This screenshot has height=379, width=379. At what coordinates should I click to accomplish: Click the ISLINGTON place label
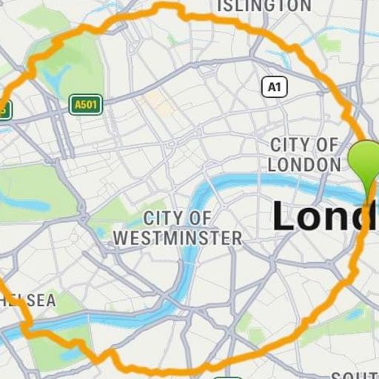click(264, 6)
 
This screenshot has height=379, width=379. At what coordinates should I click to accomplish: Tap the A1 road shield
click(274, 87)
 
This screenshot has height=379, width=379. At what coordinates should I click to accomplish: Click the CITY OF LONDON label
click(303, 154)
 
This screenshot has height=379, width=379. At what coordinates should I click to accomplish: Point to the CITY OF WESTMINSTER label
click(178, 228)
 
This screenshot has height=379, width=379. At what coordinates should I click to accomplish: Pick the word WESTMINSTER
click(178, 238)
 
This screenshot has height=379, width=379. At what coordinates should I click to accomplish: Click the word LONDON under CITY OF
click(303, 164)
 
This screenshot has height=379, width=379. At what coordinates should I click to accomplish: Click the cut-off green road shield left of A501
click(4, 110)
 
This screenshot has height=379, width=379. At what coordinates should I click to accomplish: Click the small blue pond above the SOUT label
click(354, 314)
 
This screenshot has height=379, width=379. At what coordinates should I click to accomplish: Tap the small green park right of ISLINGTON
click(329, 44)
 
